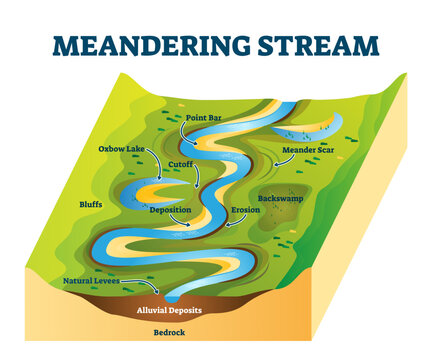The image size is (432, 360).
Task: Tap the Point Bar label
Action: tap(204, 119)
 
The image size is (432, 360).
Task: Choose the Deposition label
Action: tap(170, 211)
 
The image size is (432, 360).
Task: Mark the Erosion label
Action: tap(245, 211)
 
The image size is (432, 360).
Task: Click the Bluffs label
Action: tap(91, 205)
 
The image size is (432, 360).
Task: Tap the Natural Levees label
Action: tap(92, 282)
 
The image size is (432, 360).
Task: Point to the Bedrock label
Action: tap(169, 331)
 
